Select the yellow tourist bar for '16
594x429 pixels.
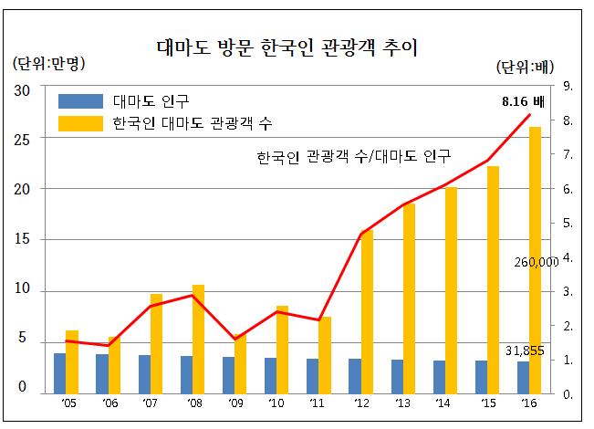(536, 260)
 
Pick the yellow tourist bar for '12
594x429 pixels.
(367, 310)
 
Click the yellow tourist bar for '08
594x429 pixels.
(198, 339)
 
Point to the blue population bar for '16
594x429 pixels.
(523, 377)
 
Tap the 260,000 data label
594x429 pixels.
(536, 262)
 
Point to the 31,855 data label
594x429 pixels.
(525, 351)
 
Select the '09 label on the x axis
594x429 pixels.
(234, 403)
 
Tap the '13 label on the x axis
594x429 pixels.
(402, 403)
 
